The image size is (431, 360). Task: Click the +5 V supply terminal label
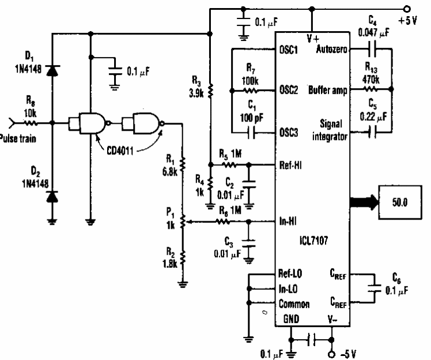click(414, 22)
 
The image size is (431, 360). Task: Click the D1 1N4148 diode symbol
click(52, 70)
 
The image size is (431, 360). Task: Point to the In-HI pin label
click(290, 220)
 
